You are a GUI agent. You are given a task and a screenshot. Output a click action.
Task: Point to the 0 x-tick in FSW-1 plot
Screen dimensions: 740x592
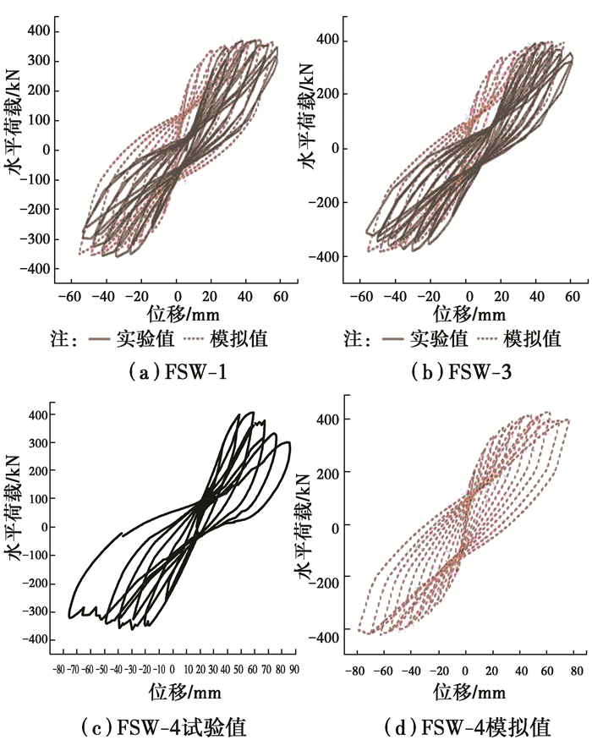click(x=176, y=296)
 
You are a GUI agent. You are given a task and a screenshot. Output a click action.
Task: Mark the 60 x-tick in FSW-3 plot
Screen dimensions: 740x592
click(x=572, y=296)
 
